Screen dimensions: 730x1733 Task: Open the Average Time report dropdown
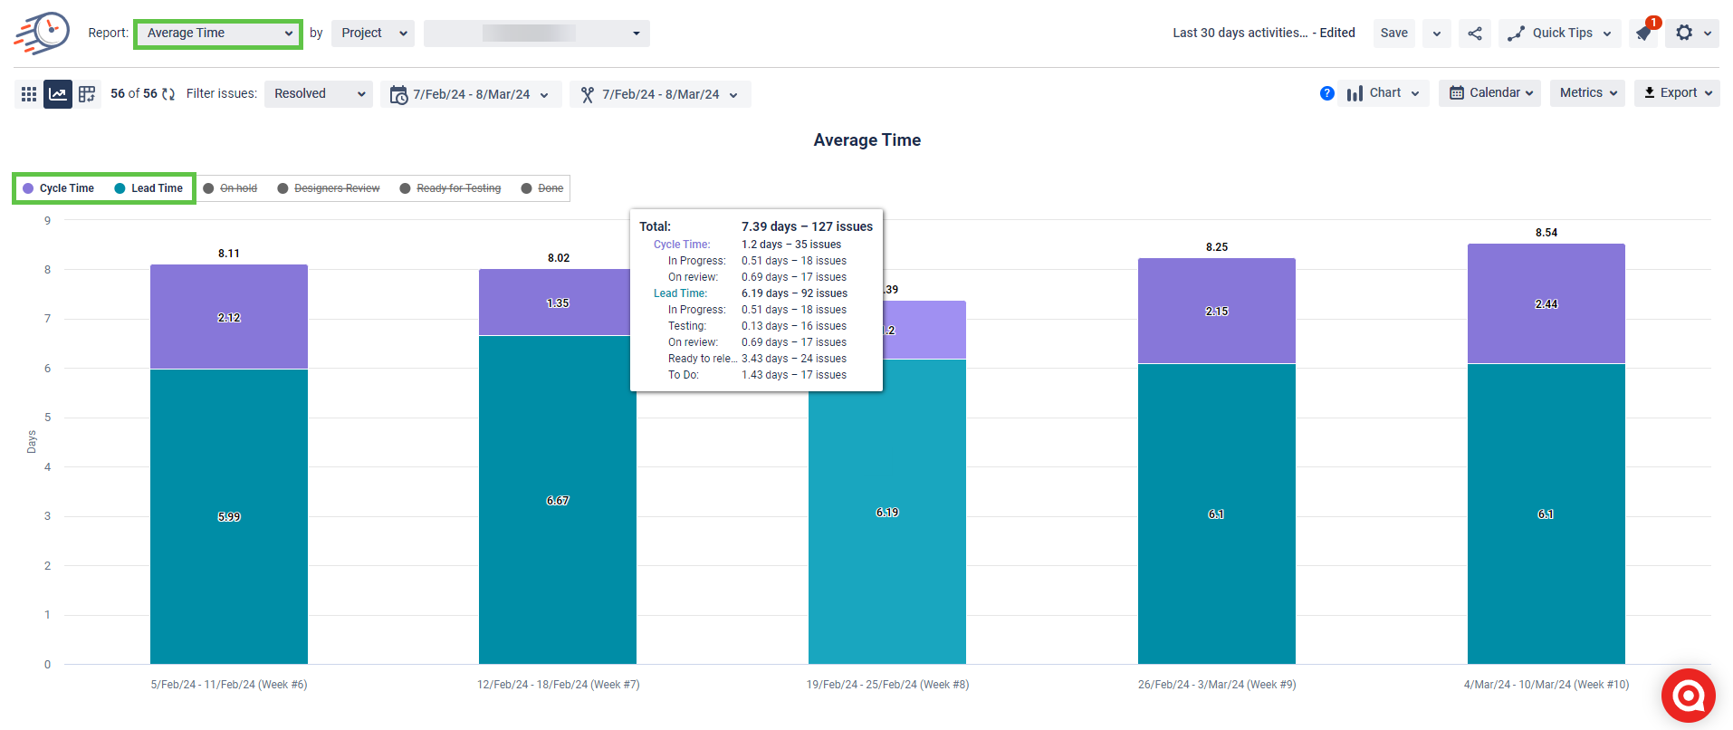pyautogui.click(x=218, y=34)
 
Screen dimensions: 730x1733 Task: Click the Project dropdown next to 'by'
pyautogui.click(x=372, y=34)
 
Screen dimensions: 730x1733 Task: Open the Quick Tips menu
pyautogui.click(x=1560, y=34)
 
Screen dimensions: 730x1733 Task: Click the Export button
pyautogui.click(x=1677, y=93)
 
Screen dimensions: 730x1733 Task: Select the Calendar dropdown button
pyautogui.click(x=1489, y=93)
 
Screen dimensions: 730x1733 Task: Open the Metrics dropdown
pyautogui.click(x=1587, y=93)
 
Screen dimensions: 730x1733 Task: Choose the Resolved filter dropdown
pyautogui.click(x=318, y=94)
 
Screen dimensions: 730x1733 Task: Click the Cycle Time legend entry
pyautogui.click(x=59, y=188)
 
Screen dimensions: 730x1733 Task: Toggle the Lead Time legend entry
pyautogui.click(x=149, y=188)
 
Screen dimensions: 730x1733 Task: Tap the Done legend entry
pyautogui.click(x=542, y=188)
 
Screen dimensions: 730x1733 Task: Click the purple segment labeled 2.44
pyautogui.click(x=1546, y=304)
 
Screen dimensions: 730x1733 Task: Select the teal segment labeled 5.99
pyautogui.click(x=228, y=517)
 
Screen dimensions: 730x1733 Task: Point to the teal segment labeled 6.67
pyautogui.click(x=557, y=501)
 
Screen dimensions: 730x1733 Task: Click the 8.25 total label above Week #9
pyautogui.click(x=1216, y=247)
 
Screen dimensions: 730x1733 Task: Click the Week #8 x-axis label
pyautogui.click(x=887, y=685)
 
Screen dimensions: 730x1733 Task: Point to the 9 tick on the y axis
pyautogui.click(x=48, y=221)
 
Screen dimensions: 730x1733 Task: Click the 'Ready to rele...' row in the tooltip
pyautogui.click(x=757, y=359)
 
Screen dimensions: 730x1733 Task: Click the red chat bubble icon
pyautogui.click(x=1688, y=696)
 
